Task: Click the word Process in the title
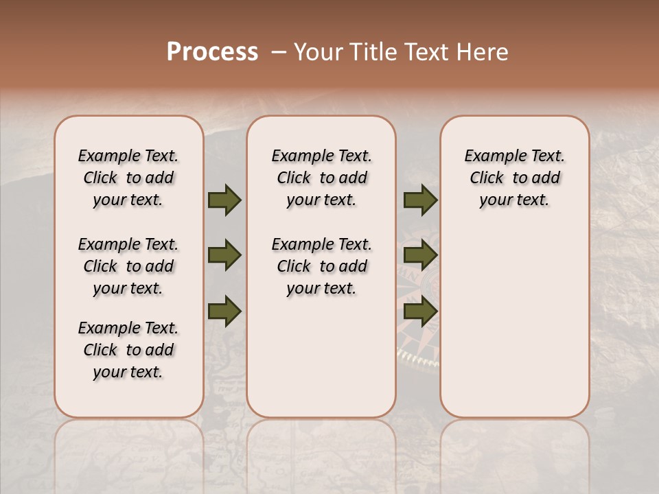point(212,52)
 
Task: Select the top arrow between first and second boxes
point(224,200)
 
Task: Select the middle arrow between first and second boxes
point(224,256)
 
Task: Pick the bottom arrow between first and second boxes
point(224,311)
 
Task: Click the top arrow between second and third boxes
point(420,200)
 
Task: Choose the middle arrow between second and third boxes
point(420,256)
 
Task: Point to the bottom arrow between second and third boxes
point(420,311)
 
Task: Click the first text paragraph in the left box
point(128,178)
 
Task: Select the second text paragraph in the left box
point(128,266)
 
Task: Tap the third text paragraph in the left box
point(128,350)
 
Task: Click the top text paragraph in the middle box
point(321,178)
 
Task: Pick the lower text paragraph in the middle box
point(321,266)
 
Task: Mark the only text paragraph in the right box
point(514,178)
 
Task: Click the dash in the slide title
point(279,52)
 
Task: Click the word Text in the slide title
point(424,52)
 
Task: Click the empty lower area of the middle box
point(321,357)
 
